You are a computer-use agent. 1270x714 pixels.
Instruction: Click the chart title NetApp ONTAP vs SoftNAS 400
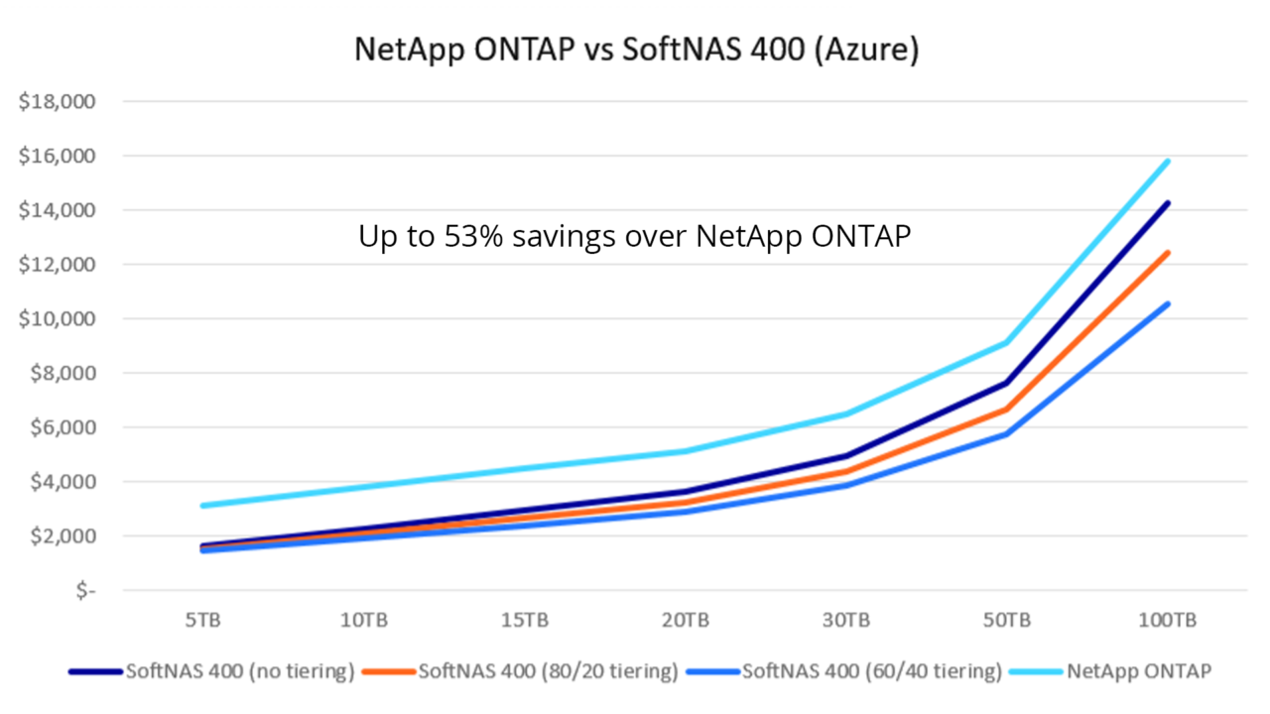coord(636,50)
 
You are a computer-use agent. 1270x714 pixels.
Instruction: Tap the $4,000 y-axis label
coord(61,482)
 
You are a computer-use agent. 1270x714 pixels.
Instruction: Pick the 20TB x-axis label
coord(685,621)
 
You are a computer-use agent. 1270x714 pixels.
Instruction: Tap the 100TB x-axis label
coord(1167,621)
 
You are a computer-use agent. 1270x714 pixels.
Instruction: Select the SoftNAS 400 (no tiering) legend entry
coord(239,671)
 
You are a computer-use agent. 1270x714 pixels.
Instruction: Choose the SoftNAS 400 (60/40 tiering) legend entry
coord(872,671)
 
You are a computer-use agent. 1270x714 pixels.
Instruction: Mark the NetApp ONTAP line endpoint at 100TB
coord(1168,161)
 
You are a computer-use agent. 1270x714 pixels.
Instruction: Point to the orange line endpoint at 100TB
coord(1168,253)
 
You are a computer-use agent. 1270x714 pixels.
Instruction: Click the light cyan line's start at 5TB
coord(202,506)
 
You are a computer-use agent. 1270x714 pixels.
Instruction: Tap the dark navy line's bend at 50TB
coord(1006,383)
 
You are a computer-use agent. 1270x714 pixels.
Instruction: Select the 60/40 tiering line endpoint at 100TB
coord(1168,303)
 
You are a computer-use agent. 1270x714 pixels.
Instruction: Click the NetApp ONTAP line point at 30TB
coord(845,414)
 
